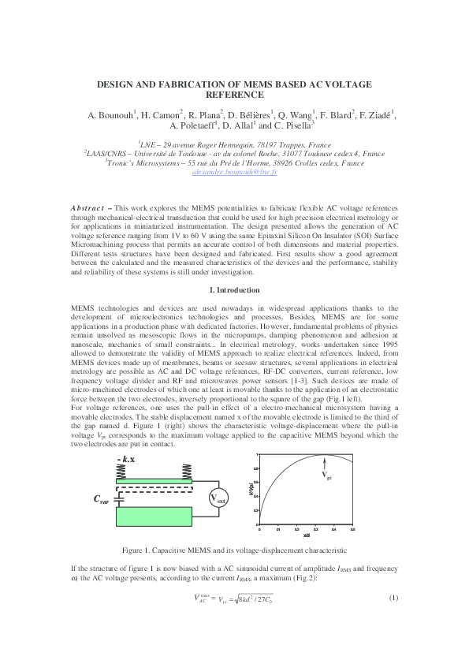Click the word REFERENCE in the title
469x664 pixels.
(x=234, y=94)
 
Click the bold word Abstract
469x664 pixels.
(x=87, y=207)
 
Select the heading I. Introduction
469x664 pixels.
(x=234, y=290)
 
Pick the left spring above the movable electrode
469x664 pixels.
(x=123, y=471)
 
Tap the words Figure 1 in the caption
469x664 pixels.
(x=139, y=550)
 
